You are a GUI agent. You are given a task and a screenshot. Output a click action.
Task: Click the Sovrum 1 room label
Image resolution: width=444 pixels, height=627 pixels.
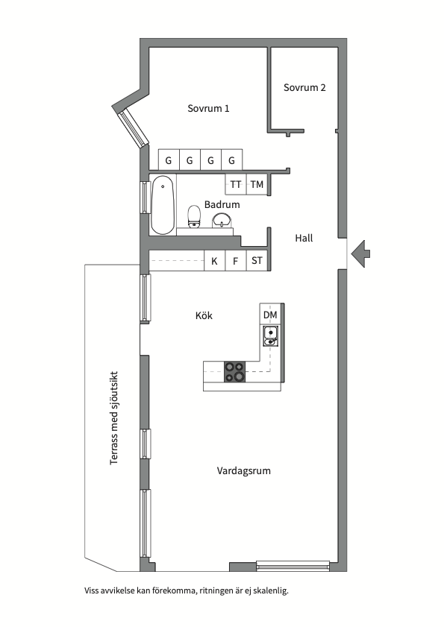coord(209,108)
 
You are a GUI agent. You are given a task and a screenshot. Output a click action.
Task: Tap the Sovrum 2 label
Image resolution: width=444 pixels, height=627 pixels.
coord(304,87)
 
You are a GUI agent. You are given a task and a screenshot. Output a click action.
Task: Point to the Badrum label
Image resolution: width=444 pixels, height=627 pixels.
coord(222,204)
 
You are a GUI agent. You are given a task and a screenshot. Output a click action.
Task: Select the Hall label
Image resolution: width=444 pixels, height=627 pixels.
coord(304,238)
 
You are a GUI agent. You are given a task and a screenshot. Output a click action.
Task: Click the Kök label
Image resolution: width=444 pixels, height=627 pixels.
coord(204,315)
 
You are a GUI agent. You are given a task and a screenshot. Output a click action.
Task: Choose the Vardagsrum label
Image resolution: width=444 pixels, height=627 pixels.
coord(244,470)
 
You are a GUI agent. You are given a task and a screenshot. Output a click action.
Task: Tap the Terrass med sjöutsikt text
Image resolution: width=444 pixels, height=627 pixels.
coord(114,418)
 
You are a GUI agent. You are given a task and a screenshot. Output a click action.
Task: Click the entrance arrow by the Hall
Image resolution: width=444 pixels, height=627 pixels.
coord(360,253)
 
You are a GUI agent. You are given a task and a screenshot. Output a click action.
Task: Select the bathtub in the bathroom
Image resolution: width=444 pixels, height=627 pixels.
coord(163,205)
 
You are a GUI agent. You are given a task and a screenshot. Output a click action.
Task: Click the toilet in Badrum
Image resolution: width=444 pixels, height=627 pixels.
coord(194,216)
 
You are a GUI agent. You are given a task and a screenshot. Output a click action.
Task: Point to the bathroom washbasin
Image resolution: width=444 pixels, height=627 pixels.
coord(222,220)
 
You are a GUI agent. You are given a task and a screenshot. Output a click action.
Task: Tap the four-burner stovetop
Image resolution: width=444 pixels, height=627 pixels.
coord(234,372)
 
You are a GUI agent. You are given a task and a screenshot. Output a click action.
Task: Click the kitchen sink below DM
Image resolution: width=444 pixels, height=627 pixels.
coord(271,336)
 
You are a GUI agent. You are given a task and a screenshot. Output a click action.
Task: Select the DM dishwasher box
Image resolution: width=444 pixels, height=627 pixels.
coord(270,315)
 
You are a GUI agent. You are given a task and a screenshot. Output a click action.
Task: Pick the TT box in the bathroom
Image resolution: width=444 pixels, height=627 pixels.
coord(235,184)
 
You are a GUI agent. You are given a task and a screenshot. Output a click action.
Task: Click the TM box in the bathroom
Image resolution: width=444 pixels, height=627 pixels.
coord(257,184)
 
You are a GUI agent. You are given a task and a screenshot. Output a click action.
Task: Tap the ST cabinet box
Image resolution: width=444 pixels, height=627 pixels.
coord(257,261)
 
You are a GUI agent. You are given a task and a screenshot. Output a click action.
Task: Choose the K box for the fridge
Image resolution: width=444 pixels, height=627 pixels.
coord(215,261)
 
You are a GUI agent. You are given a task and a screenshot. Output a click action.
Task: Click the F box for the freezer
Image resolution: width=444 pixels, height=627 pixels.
coord(235,261)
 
